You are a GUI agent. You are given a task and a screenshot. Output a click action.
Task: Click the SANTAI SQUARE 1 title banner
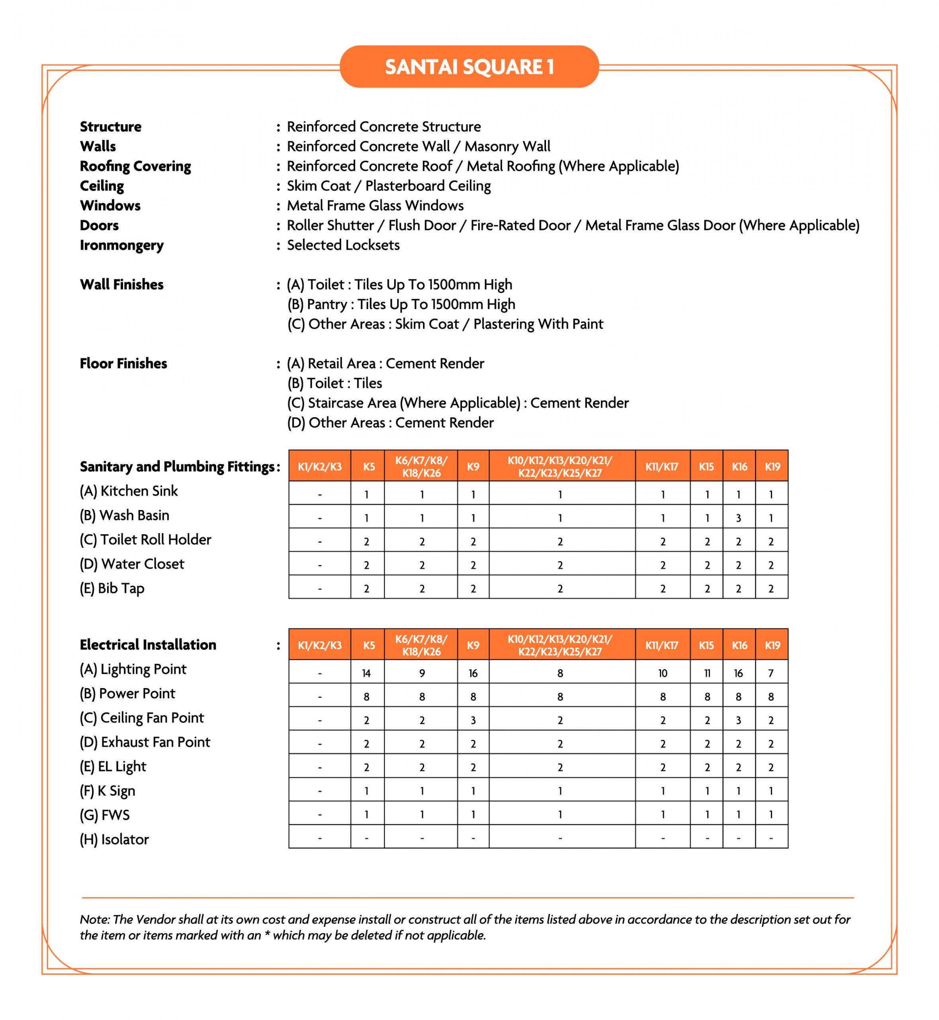(x=469, y=67)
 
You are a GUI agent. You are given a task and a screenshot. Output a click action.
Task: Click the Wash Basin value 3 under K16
(x=738, y=518)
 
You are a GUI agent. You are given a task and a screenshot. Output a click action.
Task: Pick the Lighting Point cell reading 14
(x=366, y=673)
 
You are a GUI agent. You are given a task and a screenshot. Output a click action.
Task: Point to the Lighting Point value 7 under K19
(x=771, y=673)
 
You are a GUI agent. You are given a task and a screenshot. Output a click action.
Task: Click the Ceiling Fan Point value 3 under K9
(x=473, y=720)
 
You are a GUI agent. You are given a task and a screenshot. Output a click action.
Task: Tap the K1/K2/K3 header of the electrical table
(x=320, y=645)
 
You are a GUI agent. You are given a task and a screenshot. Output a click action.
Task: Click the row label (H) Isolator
(x=114, y=839)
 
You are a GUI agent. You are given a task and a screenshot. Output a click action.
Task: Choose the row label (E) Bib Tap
(x=112, y=588)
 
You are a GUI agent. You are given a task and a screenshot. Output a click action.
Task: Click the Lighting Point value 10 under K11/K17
(x=663, y=673)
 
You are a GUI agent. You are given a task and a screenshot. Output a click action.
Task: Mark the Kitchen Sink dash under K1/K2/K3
(x=320, y=494)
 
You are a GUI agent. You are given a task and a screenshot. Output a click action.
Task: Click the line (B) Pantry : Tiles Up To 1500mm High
(x=401, y=304)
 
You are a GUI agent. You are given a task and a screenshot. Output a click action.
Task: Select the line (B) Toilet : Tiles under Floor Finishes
(x=335, y=383)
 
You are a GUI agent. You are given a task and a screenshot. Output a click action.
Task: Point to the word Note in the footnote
(x=94, y=919)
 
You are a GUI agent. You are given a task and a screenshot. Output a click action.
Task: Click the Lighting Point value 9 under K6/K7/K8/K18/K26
(x=422, y=673)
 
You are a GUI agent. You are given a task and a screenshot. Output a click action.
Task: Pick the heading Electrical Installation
(x=148, y=645)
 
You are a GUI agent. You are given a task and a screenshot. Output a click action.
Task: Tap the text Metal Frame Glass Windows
(x=375, y=206)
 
